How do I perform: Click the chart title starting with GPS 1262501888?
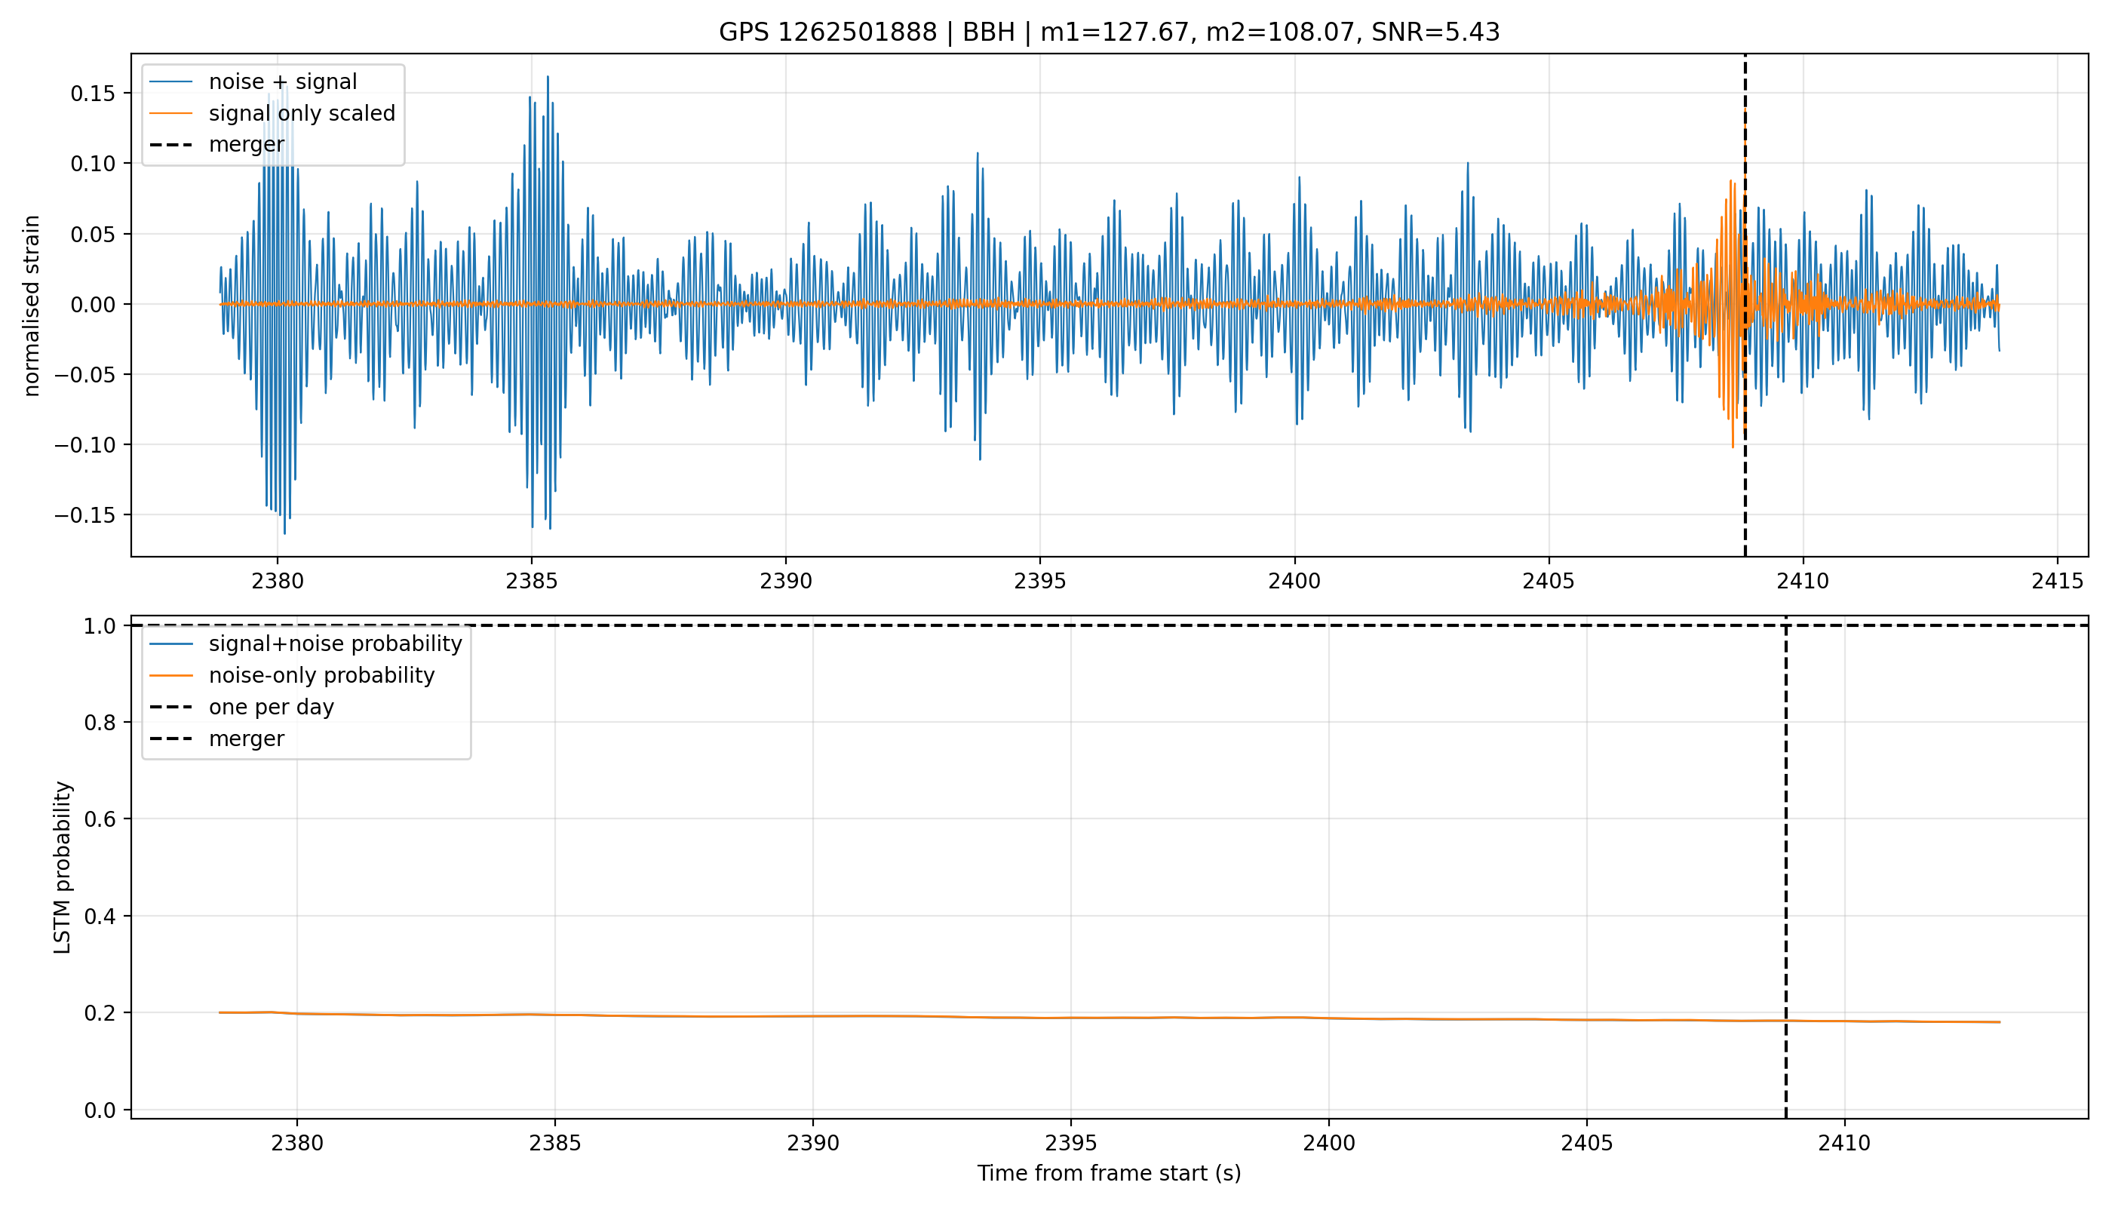1109,32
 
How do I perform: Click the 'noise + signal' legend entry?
253,82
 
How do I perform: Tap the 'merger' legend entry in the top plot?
217,145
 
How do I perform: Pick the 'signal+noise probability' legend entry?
305,644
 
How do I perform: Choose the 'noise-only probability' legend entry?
292,676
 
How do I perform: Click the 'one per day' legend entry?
242,707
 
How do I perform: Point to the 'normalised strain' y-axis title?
32,306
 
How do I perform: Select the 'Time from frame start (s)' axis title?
1109,1174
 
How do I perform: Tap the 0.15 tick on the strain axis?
94,94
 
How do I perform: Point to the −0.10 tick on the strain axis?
85,445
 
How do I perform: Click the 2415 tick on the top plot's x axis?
2057,581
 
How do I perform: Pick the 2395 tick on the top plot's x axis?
1040,581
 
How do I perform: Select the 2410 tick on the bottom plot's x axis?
1845,1143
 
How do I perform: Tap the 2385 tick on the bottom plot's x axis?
555,1143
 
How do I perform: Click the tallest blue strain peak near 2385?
548,77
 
